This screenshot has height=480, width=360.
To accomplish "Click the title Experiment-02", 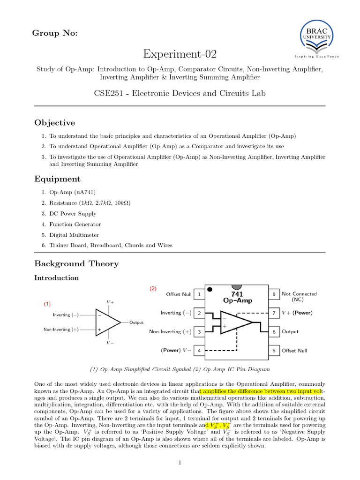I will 180,54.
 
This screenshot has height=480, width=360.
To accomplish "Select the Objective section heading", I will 54,123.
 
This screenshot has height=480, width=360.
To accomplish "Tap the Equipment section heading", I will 57,179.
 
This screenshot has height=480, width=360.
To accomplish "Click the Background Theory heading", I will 76,263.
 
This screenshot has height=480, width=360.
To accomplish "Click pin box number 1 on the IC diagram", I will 199,294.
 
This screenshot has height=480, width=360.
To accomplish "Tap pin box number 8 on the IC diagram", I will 273,294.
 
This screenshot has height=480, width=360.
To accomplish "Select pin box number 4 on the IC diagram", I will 199,350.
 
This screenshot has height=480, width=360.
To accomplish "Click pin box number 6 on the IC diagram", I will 273,331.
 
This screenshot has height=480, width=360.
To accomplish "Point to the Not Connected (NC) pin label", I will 299,296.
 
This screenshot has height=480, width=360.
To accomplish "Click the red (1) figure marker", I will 47,304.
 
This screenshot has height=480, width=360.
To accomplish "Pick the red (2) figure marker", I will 153,289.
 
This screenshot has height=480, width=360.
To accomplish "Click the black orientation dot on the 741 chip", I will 210,289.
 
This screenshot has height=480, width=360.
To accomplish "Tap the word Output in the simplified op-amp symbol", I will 136,322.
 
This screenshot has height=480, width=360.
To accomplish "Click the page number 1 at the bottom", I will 180,464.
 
